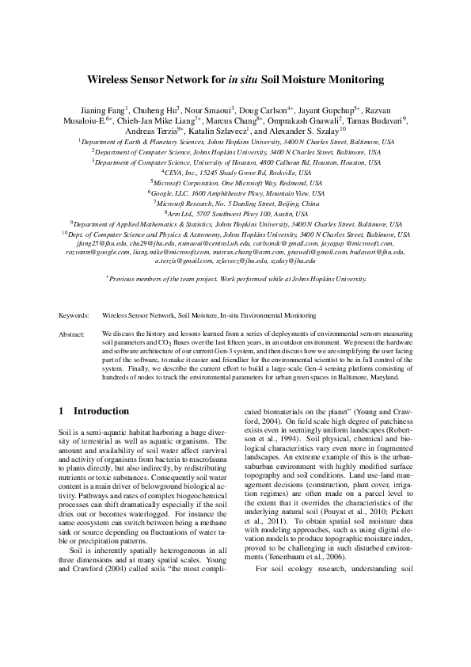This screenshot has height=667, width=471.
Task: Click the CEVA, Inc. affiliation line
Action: pyautogui.click(x=235, y=170)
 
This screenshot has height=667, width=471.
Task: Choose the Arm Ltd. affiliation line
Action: pyautogui.click(x=235, y=214)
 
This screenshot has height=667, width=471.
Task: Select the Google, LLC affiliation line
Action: pyautogui.click(x=235, y=192)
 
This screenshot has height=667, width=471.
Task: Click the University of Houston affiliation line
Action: pyautogui.click(x=235, y=160)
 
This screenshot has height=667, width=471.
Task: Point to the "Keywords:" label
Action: pyautogui.click(x=74, y=315)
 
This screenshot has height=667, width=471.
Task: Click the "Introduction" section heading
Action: pyautogui.click(x=101, y=412)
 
